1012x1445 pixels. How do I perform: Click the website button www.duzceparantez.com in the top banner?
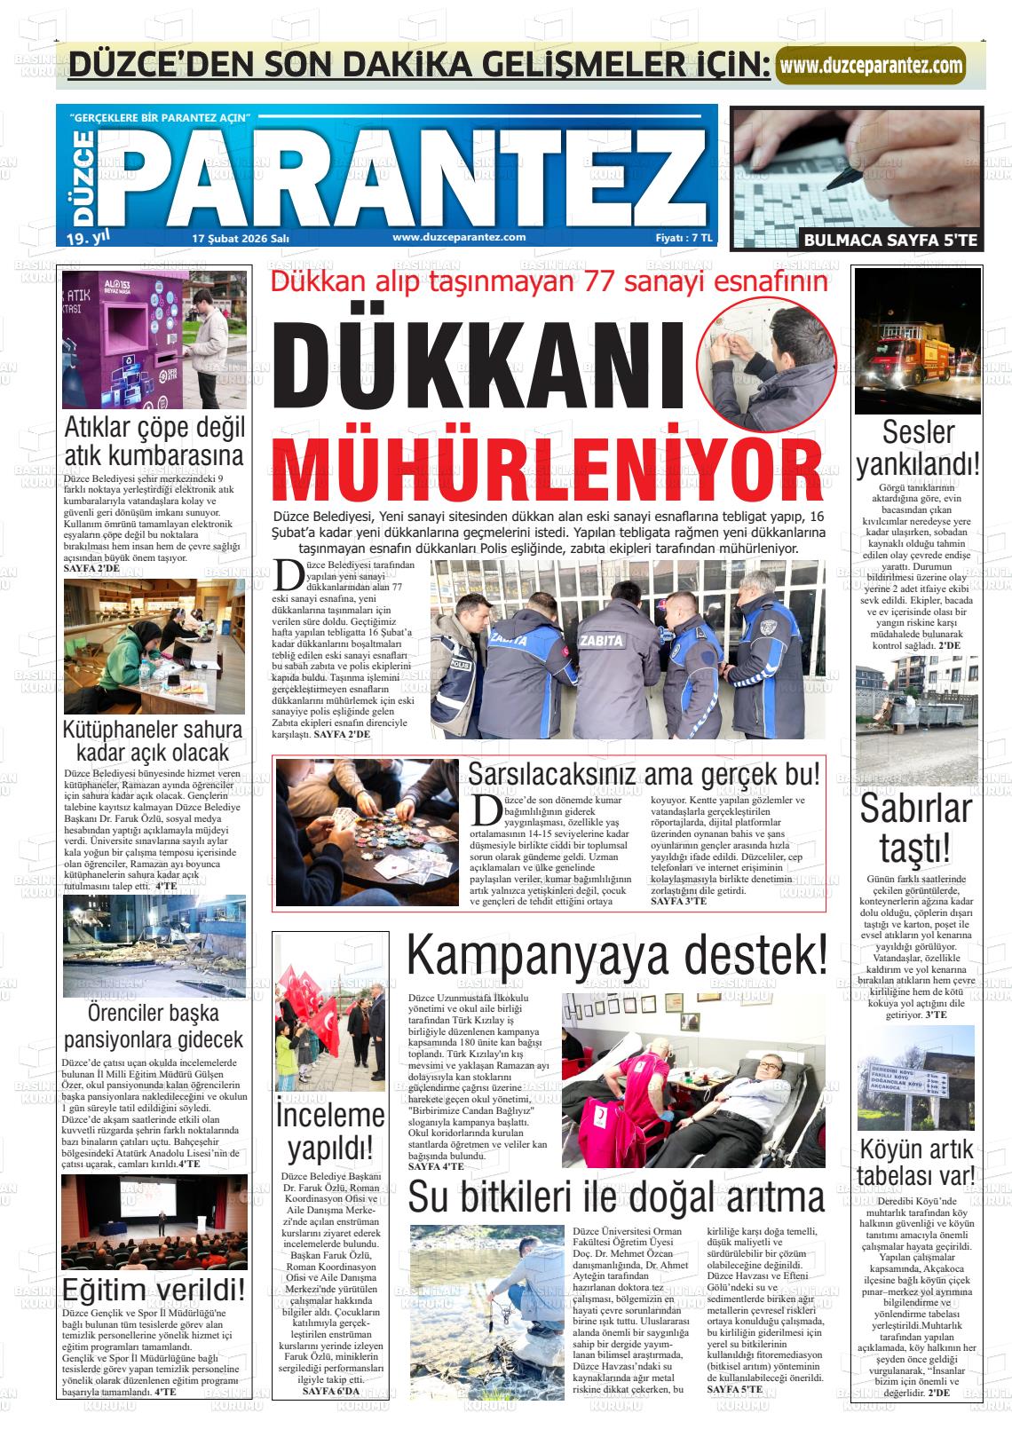[x=871, y=66]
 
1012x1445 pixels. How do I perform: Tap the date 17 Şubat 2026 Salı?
[x=241, y=238]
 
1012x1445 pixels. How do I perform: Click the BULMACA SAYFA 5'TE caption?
[x=890, y=240]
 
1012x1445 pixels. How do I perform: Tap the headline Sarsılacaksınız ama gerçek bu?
[x=644, y=773]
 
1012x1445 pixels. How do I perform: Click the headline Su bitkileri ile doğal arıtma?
[x=616, y=1197]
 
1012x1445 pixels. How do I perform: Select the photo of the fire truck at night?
[x=917, y=342]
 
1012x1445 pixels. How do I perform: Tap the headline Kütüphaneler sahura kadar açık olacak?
[x=153, y=741]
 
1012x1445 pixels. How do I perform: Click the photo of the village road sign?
[x=915, y=1078]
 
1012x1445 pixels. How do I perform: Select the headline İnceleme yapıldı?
[x=329, y=1131]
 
